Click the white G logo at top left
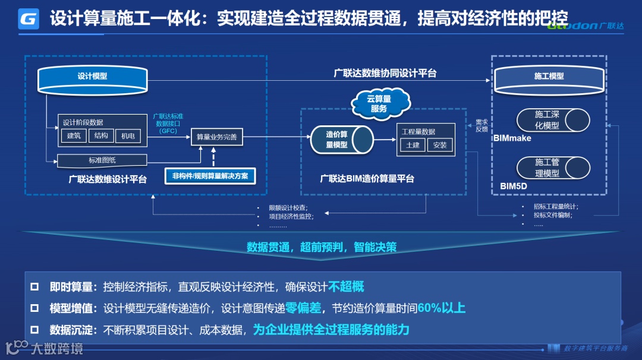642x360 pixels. point(29,18)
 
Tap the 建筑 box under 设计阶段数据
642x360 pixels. point(74,136)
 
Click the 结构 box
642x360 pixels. point(101,136)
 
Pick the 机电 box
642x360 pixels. point(128,136)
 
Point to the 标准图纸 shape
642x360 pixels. point(102,160)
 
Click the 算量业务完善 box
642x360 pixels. point(216,137)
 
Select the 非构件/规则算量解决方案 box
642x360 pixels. point(210,176)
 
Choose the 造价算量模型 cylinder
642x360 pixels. point(341,140)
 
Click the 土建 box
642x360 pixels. point(413,145)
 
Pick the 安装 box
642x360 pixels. point(440,145)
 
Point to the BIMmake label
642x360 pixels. point(512,138)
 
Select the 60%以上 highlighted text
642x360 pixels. point(441,308)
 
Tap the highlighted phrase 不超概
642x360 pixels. point(346,287)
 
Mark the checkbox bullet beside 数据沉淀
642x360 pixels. point(35,330)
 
